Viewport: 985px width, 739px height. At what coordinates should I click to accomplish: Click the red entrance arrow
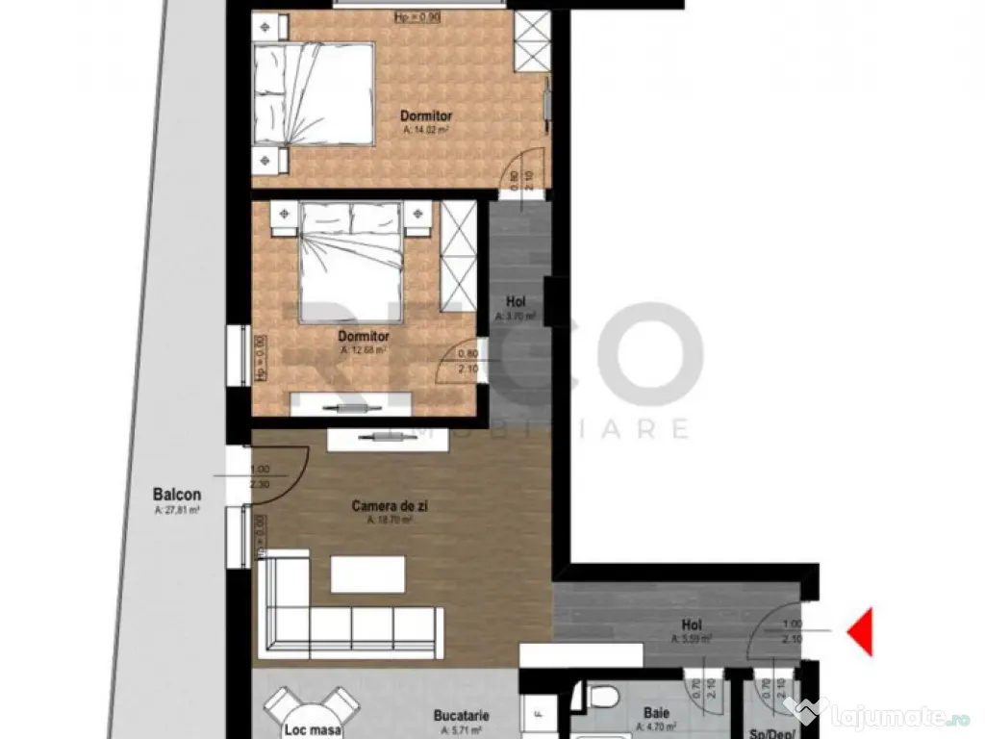click(859, 631)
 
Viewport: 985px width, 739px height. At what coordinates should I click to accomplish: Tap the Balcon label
click(177, 496)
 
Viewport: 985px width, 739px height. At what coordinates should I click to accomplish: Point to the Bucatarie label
click(461, 716)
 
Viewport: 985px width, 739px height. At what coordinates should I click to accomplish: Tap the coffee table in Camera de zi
click(367, 573)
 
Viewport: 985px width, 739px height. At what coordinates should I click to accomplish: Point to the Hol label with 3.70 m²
click(516, 301)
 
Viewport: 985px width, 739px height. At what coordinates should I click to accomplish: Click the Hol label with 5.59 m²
click(690, 624)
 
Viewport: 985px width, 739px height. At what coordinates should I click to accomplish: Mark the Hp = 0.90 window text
click(417, 17)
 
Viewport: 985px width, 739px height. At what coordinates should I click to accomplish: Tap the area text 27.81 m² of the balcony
click(177, 511)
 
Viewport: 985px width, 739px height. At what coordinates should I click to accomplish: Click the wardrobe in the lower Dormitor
click(458, 257)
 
